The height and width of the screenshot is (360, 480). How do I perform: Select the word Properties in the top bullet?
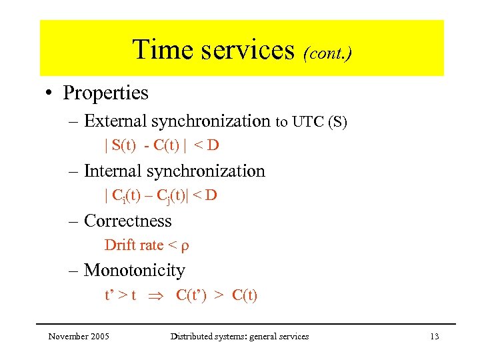point(105,93)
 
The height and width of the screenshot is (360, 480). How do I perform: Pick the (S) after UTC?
point(336,122)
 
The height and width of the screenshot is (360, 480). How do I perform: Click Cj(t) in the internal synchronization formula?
point(169,196)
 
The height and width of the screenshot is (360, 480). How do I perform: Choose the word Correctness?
point(127,221)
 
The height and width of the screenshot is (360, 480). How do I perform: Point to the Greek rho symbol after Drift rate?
point(185,247)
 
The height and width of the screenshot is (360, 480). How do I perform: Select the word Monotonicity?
point(134,271)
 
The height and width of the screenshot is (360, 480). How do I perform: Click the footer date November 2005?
point(79,337)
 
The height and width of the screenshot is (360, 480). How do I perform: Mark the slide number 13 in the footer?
point(434,337)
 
